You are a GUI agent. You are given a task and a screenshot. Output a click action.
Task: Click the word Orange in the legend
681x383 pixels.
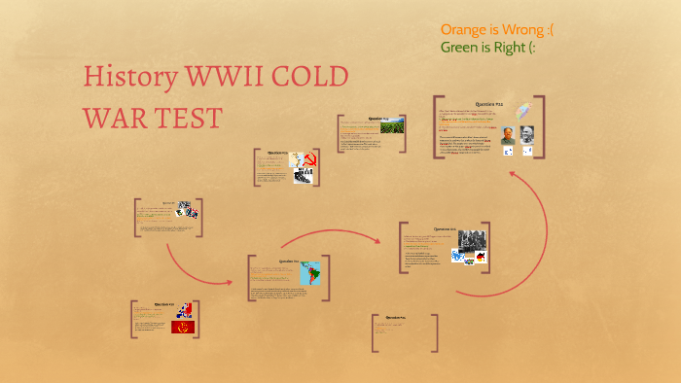[x=468, y=29]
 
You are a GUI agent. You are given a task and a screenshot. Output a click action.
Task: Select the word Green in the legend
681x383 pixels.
[x=463, y=48]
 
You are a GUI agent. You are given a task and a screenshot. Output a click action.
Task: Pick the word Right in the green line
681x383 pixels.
[x=526, y=48]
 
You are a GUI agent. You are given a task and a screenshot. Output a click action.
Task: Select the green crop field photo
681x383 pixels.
[x=391, y=128]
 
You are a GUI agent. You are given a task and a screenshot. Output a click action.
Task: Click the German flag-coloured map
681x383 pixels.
[x=480, y=257]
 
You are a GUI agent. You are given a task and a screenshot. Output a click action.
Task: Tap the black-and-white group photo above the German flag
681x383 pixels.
[x=473, y=238]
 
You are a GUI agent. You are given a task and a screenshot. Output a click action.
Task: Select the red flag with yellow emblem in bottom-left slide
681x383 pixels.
[x=183, y=328]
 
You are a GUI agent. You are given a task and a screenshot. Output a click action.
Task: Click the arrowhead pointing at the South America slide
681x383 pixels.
[x=229, y=283]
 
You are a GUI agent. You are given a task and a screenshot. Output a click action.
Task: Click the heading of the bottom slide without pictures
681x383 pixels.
[x=395, y=318]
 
